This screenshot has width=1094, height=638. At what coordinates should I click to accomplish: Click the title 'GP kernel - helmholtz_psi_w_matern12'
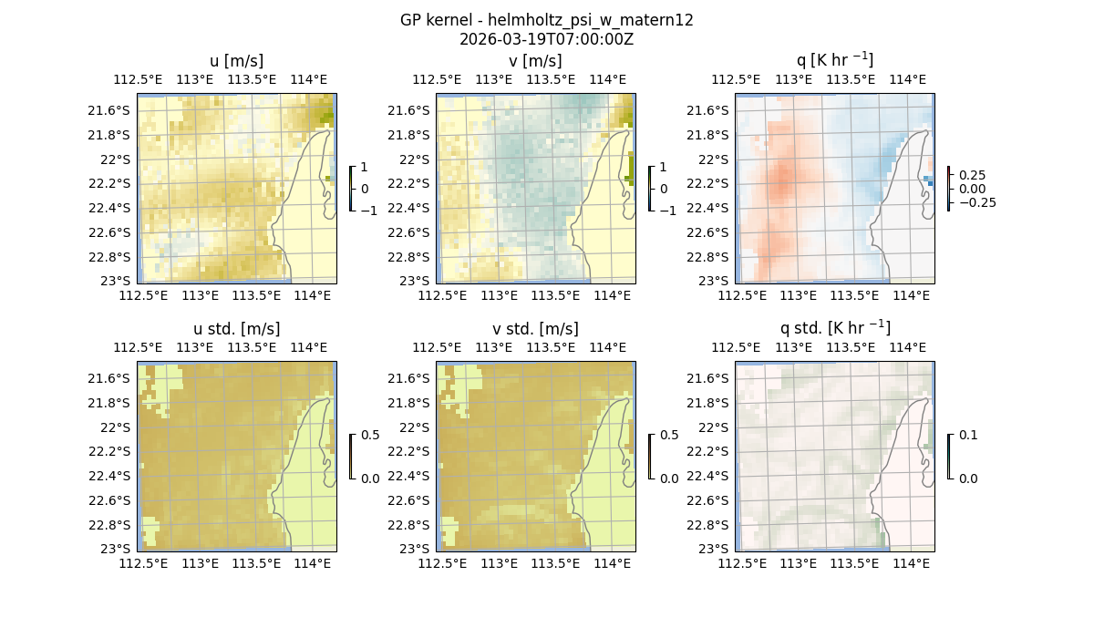(x=546, y=20)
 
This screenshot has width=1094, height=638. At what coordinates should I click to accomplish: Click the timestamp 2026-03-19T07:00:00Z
(x=546, y=39)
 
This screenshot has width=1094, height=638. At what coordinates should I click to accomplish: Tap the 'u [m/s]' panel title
(x=236, y=61)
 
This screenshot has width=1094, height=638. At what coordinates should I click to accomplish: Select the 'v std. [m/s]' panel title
(x=535, y=329)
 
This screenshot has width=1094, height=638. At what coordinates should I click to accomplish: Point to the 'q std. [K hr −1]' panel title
(x=834, y=328)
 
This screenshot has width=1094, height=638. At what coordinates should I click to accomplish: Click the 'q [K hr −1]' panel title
(x=834, y=60)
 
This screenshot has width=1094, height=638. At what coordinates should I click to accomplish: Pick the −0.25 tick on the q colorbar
(x=975, y=202)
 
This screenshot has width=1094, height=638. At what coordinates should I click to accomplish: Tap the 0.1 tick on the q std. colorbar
(x=966, y=436)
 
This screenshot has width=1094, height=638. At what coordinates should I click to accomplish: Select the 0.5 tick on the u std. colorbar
(x=370, y=436)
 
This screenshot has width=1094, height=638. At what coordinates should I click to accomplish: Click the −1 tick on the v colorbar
(x=668, y=210)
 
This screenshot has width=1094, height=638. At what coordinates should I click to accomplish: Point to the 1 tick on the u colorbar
(x=366, y=168)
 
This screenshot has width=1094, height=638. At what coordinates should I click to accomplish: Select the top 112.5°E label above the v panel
(x=436, y=79)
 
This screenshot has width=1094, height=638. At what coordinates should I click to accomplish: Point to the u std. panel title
(x=236, y=329)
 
